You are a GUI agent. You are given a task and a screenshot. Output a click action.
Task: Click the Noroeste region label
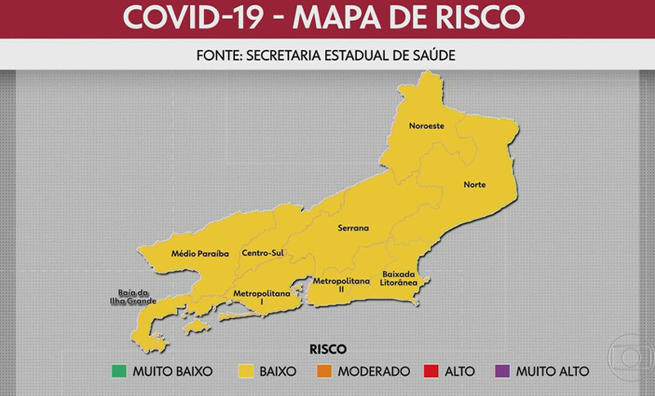coord(427,126)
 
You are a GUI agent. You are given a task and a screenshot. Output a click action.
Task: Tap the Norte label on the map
coord(474,185)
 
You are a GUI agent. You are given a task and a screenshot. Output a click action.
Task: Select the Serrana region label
coord(353,228)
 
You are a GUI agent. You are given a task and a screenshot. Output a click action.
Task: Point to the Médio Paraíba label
coord(200,254)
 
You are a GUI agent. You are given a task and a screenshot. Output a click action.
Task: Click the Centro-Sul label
coord(262,254)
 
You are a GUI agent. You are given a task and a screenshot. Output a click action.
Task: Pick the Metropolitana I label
coord(261,297)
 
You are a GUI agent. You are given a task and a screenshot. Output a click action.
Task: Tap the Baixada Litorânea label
coord(400,278)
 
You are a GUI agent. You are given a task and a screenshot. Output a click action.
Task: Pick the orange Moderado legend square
coord(320,371)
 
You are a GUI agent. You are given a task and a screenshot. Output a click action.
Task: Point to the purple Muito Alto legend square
coord(502,371)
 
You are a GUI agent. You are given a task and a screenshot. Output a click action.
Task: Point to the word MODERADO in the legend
coord(373,371)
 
